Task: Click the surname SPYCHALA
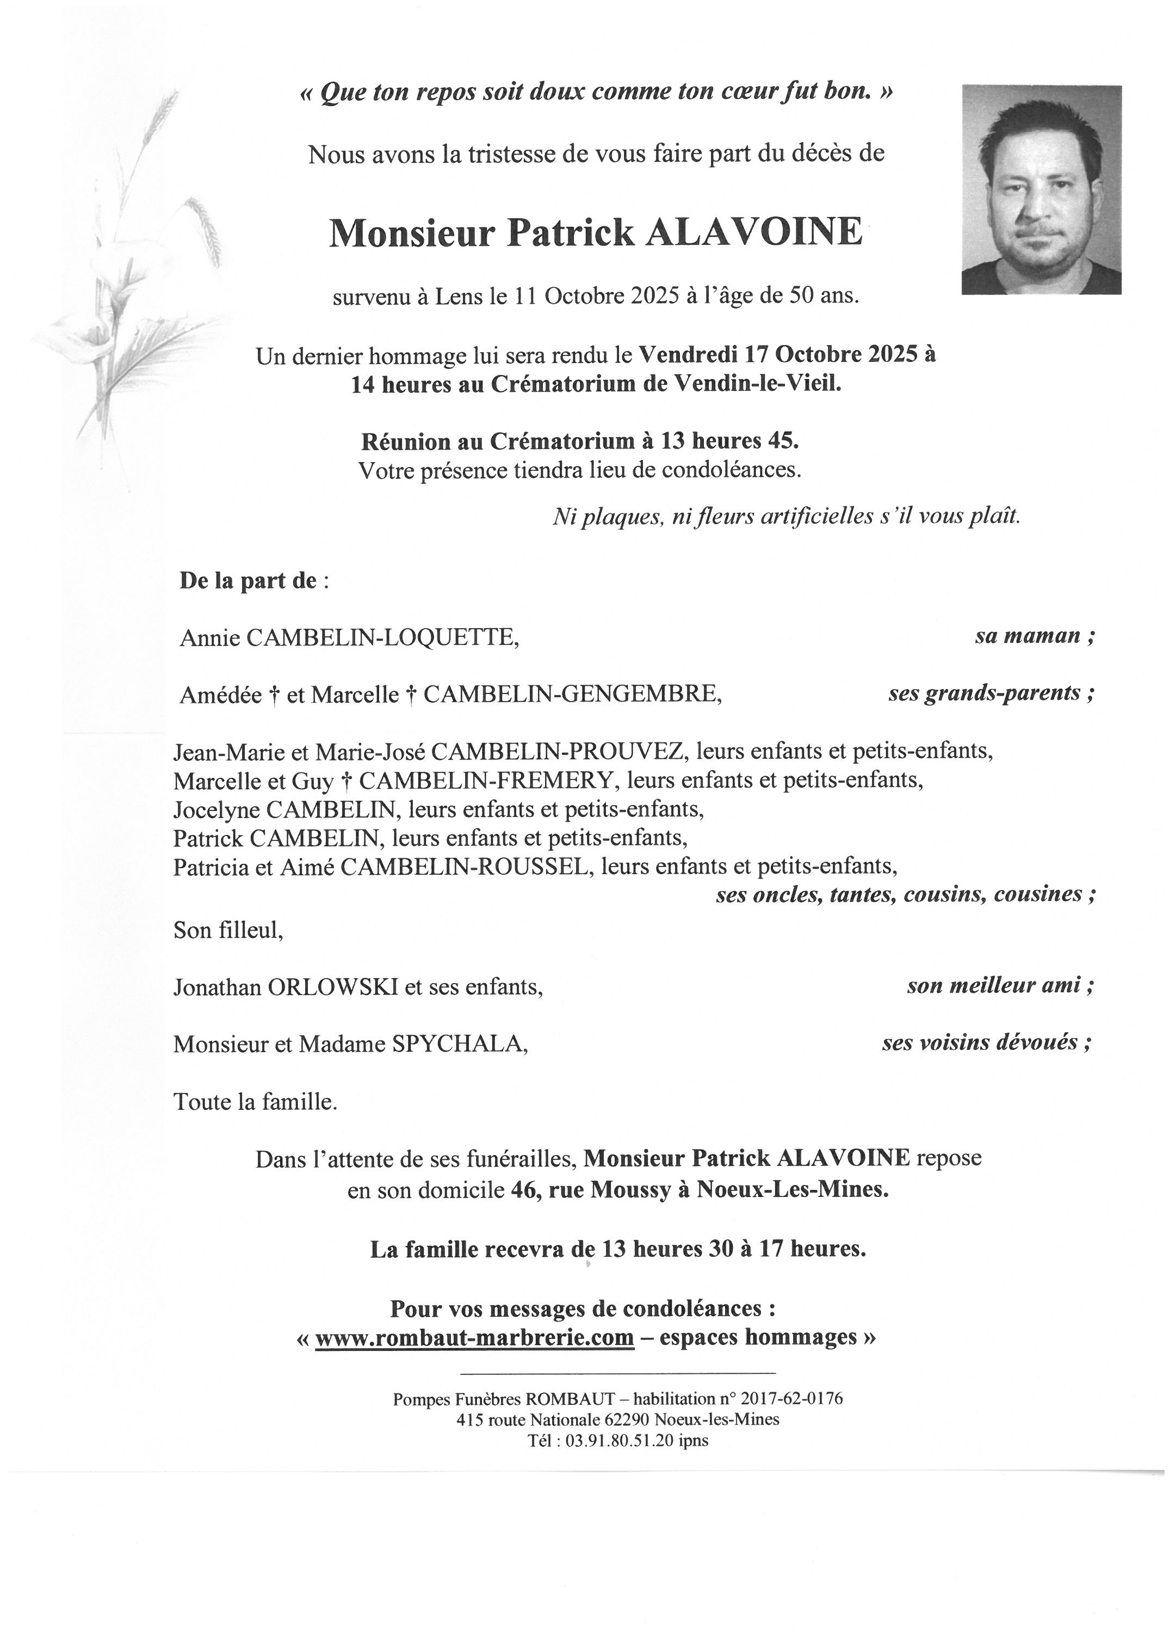pyautogui.click(x=459, y=1044)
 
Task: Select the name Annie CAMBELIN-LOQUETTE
pyautogui.click(x=349, y=638)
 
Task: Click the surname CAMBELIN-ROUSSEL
pyautogui.click(x=465, y=867)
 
